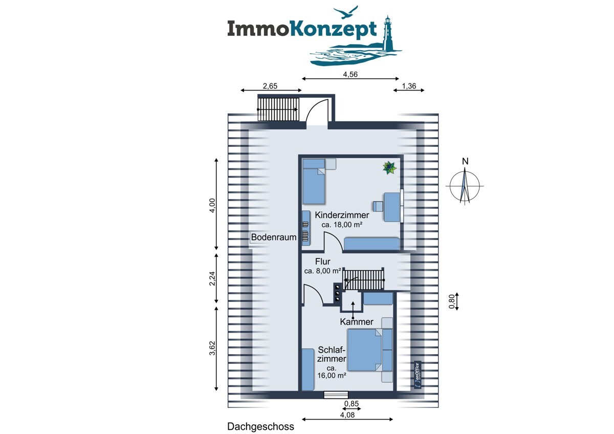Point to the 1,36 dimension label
(x=409, y=86)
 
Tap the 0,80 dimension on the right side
(x=451, y=302)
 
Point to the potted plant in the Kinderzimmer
(x=390, y=167)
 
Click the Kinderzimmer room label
(x=342, y=215)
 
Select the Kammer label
(x=357, y=321)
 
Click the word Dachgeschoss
(x=261, y=426)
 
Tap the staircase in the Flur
(x=363, y=279)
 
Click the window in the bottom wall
(x=336, y=395)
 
